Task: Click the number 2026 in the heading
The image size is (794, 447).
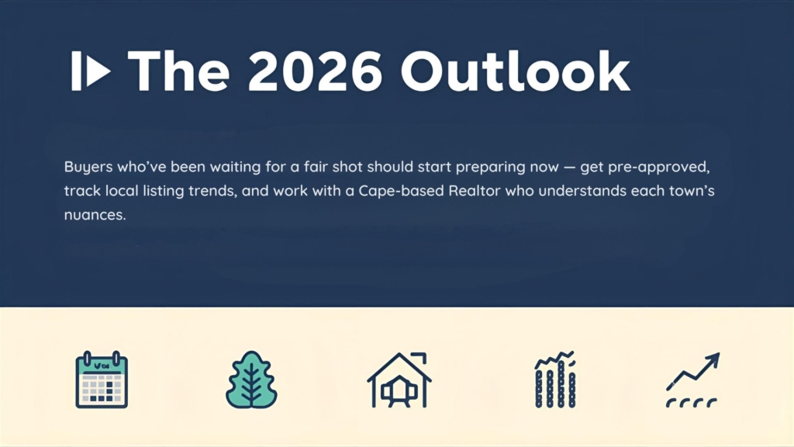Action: tap(315, 71)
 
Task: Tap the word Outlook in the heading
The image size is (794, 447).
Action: tap(516, 71)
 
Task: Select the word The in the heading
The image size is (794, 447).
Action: tap(178, 71)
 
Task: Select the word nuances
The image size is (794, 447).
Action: tap(95, 215)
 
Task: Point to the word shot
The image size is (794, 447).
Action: tap(347, 167)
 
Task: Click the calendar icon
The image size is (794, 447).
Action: tap(102, 379)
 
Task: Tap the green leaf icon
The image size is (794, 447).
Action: tap(251, 379)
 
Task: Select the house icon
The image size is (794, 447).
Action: tap(399, 380)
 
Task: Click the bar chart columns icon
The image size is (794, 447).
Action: tap(555, 379)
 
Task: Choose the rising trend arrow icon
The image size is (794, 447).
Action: tap(692, 379)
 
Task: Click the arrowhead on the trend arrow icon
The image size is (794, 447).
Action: tap(713, 359)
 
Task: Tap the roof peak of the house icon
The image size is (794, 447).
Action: tap(399, 355)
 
